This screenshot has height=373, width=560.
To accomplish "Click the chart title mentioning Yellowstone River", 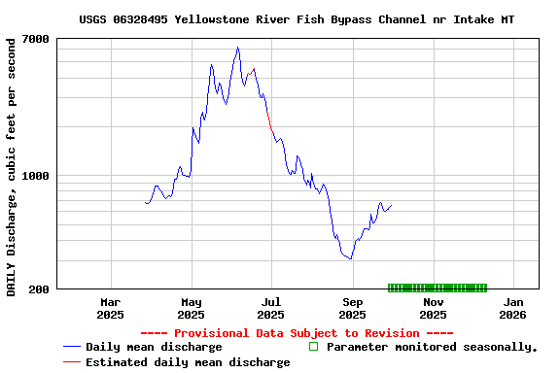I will [x=297, y=19].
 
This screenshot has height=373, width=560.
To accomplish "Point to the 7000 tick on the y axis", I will [x=37, y=39].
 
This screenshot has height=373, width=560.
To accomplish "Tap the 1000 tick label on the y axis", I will [x=37, y=176].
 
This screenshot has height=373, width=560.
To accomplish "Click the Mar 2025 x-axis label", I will [x=111, y=308].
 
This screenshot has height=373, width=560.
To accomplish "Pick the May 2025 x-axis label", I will [x=192, y=308].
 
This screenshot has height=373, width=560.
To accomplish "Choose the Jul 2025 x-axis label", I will [x=271, y=308].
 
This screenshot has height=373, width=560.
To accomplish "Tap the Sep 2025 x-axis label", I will [x=352, y=308].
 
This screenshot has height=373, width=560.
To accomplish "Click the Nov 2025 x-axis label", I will [x=433, y=308].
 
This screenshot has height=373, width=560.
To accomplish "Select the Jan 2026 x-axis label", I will [x=512, y=308].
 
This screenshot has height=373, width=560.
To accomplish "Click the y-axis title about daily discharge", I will [x=11, y=167].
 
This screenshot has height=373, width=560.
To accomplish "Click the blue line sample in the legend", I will [x=71, y=347].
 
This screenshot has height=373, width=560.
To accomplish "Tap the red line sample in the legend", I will [x=71, y=362].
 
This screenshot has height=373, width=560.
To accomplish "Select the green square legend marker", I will [x=313, y=346].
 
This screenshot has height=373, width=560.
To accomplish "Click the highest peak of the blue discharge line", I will [x=237, y=48].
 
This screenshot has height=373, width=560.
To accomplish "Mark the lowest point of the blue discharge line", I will [x=350, y=259].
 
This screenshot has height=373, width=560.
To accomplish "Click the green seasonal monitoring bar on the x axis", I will [x=437, y=288].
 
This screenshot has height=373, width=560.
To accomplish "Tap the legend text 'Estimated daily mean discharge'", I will [x=188, y=362].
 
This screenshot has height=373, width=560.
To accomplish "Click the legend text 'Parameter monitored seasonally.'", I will [x=432, y=347].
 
